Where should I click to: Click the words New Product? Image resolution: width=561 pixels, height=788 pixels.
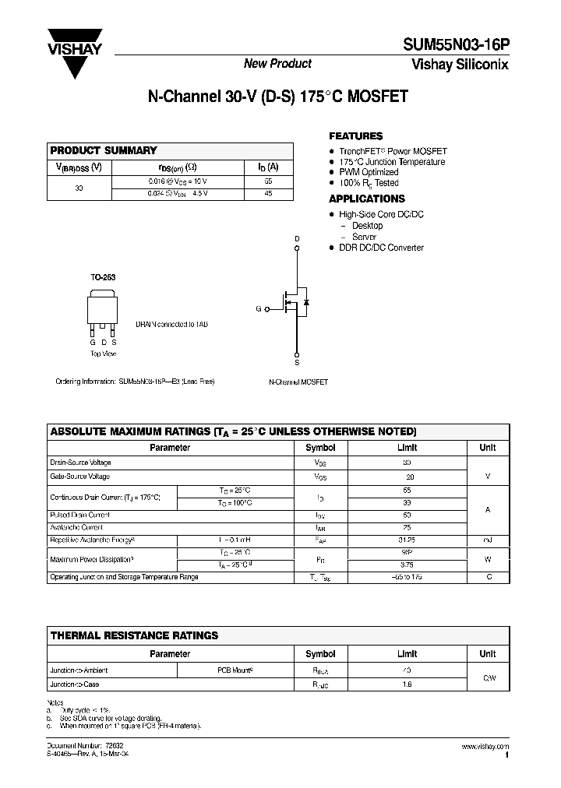[277, 64]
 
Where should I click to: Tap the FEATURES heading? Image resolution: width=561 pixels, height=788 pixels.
[355, 135]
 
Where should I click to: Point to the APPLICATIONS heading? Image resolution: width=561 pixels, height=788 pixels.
[366, 199]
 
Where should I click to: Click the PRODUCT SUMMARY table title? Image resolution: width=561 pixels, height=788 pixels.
[104, 150]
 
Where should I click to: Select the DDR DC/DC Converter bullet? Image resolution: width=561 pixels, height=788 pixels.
[381, 248]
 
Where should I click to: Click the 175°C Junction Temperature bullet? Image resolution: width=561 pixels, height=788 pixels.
[392, 162]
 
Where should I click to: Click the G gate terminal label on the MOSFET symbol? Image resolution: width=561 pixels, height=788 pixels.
[258, 309]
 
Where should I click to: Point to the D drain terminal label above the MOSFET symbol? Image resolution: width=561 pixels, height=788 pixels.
[296, 238]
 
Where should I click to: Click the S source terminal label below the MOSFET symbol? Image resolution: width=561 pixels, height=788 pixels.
[296, 363]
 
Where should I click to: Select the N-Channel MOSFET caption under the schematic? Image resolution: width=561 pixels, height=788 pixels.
[298, 382]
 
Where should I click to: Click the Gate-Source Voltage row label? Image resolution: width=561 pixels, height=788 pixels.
[79, 476]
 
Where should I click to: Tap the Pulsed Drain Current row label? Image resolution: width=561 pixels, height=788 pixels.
[79, 515]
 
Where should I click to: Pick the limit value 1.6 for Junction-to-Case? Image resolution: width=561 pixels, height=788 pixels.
[408, 684]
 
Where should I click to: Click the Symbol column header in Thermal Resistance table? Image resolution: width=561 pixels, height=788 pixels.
[320, 654]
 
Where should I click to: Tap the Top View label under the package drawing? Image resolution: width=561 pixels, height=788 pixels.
[103, 354]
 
